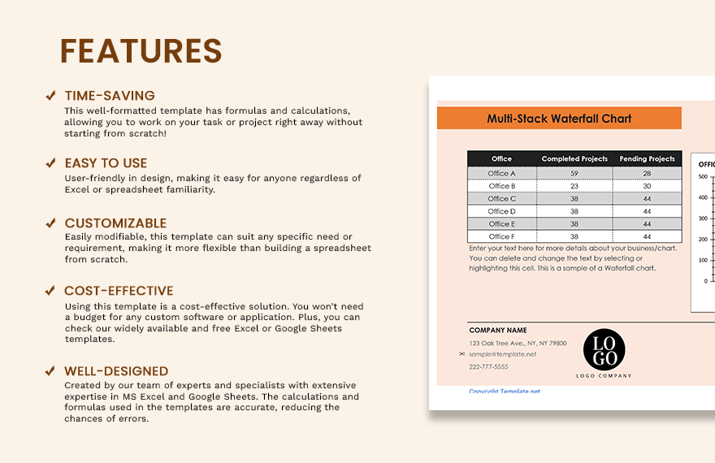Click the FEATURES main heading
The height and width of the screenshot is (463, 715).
click(141, 51)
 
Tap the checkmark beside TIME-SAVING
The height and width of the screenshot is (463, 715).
click(50, 96)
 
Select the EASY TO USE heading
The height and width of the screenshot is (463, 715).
click(106, 163)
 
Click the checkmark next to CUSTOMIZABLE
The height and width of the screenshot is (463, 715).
click(50, 223)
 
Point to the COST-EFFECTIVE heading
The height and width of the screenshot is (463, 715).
click(119, 291)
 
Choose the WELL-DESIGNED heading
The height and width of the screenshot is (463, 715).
click(116, 371)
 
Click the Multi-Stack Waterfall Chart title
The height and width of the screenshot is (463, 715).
click(559, 119)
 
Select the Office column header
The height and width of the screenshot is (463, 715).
click(502, 159)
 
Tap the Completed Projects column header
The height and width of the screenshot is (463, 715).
click(574, 159)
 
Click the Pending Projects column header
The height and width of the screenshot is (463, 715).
click(647, 159)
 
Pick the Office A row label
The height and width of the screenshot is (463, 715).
click(502, 173)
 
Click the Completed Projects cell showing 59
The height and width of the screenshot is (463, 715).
click(574, 173)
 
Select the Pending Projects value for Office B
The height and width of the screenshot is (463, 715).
click(647, 186)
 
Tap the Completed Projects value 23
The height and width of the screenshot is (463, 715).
click(574, 186)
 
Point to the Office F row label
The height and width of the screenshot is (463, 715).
click(502, 236)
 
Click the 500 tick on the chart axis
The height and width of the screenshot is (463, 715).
click(703, 176)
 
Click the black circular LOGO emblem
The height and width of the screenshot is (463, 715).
click(604, 349)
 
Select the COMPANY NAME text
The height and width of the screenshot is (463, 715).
click(498, 331)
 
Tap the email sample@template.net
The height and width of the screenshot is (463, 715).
click(503, 354)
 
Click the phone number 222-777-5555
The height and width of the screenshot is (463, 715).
click(488, 366)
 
